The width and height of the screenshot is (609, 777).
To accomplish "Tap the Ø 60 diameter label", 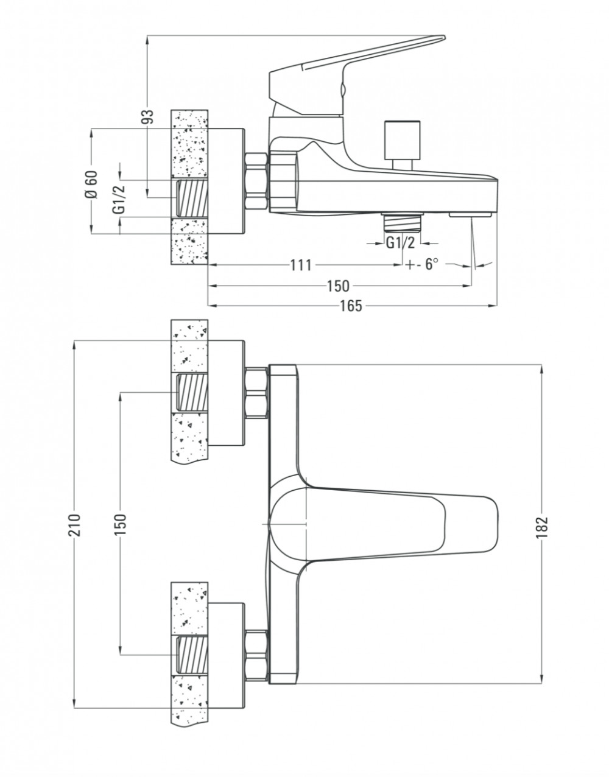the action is pyautogui.click(x=91, y=184).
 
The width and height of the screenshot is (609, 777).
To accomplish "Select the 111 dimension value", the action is pyautogui.click(x=301, y=265).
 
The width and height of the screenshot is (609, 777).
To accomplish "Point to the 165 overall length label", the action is pyautogui.click(x=351, y=306).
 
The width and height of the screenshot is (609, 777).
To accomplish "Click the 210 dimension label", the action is pyautogui.click(x=75, y=524).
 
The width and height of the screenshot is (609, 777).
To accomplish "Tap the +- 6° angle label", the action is pyautogui.click(x=421, y=265).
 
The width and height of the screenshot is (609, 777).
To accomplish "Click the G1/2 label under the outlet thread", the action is pyautogui.click(x=401, y=244).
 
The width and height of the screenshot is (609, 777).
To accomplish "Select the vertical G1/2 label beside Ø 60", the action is pyautogui.click(x=119, y=199).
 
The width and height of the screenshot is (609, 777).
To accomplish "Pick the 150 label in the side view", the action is pyautogui.click(x=338, y=286).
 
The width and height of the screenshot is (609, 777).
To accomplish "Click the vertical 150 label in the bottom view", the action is pyautogui.click(x=121, y=524).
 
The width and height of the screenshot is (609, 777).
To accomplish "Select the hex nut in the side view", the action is pyautogui.click(x=256, y=181).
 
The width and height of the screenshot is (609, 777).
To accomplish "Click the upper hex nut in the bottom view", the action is pyautogui.click(x=256, y=392).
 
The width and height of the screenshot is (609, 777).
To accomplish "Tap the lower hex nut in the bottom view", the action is pyautogui.click(x=256, y=655).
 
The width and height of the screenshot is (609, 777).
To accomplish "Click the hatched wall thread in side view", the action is pyautogui.click(x=192, y=199).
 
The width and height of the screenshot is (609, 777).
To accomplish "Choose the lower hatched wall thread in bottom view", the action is pyautogui.click(x=192, y=655).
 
